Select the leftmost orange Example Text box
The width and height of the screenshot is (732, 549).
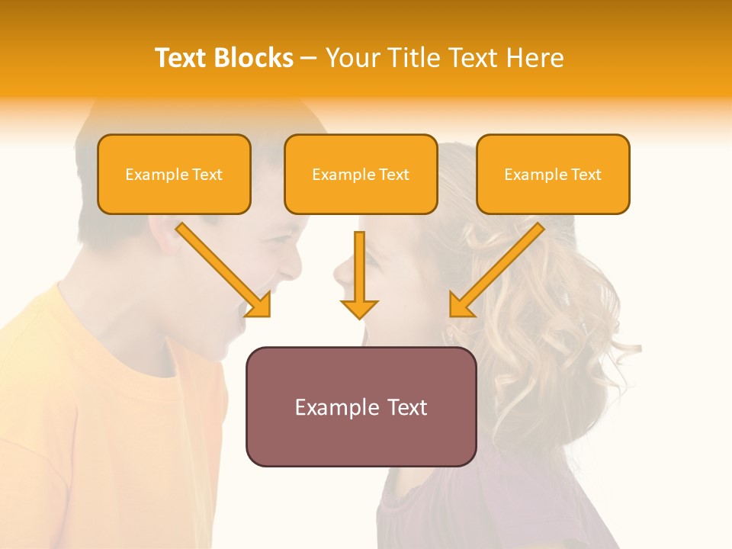(174, 175)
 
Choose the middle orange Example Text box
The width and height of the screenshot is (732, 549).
(361, 175)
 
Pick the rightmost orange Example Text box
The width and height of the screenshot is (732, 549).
(553, 175)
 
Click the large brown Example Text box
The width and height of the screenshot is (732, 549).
(361, 406)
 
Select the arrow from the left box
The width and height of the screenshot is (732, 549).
(225, 270)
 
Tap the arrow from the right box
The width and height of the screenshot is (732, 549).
(496, 270)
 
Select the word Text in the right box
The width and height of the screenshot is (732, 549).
(586, 175)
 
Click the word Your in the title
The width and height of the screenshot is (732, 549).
(349, 58)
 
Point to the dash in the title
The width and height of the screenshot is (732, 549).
(309, 59)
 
